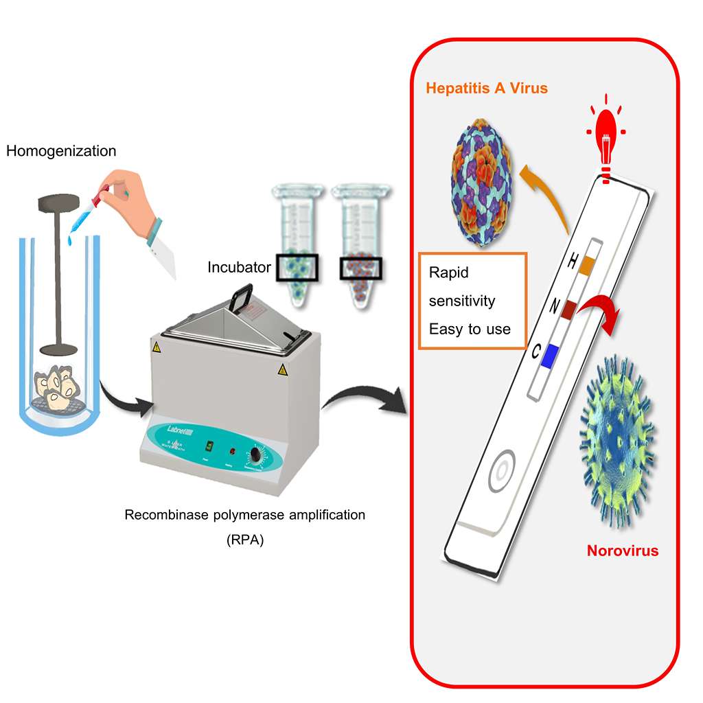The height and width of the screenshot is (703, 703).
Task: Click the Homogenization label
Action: click(61, 151)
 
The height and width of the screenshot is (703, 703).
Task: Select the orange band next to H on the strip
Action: click(586, 265)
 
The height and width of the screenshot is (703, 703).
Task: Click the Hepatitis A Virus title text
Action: click(487, 89)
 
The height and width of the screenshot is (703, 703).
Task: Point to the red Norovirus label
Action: click(622, 551)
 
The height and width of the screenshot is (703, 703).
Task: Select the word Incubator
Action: click(240, 267)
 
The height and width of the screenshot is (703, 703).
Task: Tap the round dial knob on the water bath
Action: click(260, 455)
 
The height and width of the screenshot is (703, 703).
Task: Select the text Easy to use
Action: click(470, 330)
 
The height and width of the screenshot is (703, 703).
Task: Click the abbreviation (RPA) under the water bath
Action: click(244, 540)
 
